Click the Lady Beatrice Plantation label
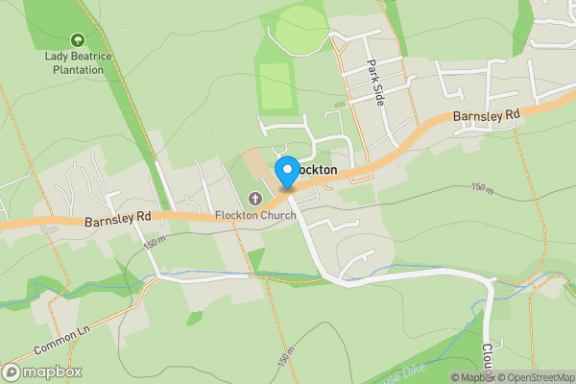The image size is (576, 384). [x=77, y=62]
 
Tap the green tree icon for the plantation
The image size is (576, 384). [x=77, y=40]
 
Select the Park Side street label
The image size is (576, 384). [x=374, y=84]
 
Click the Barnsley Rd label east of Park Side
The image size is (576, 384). [x=487, y=115]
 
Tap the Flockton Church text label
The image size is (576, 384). [x=254, y=214]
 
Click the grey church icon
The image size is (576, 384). [x=254, y=199]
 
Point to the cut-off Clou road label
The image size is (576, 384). [x=488, y=359]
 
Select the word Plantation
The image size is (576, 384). [x=77, y=69]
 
